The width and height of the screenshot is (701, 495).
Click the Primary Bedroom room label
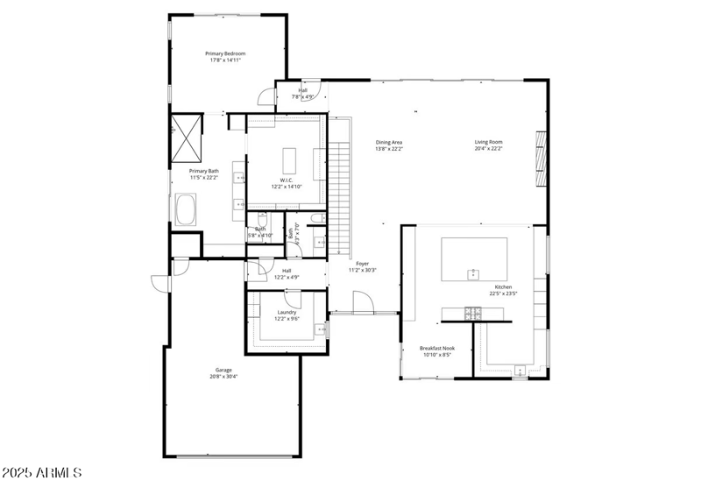(225, 53)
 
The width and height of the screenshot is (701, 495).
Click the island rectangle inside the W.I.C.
(290, 161)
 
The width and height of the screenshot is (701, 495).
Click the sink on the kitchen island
(473, 274)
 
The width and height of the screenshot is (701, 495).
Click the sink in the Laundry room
(322, 330)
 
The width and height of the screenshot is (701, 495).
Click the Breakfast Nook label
(436, 348)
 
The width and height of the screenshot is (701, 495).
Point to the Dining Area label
(389, 142)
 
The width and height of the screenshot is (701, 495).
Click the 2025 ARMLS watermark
(42, 473)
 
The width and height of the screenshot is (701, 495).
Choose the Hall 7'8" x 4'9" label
(303, 93)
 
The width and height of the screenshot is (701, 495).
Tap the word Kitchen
(503, 287)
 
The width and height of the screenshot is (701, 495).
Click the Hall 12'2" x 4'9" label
(287, 273)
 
